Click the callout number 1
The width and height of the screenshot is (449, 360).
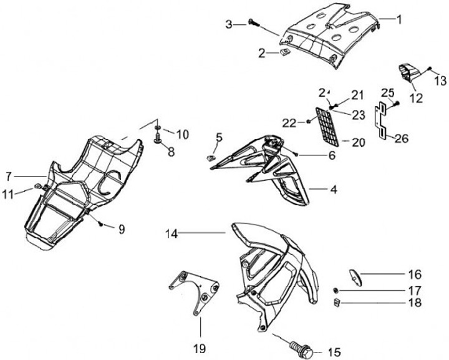(398, 19)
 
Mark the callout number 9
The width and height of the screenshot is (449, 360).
(122, 229)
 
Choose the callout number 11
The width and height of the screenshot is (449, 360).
(7, 194)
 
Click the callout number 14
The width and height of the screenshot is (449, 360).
(171, 234)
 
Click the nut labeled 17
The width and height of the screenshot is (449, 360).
(336, 291)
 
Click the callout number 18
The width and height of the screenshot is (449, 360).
(415, 304)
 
